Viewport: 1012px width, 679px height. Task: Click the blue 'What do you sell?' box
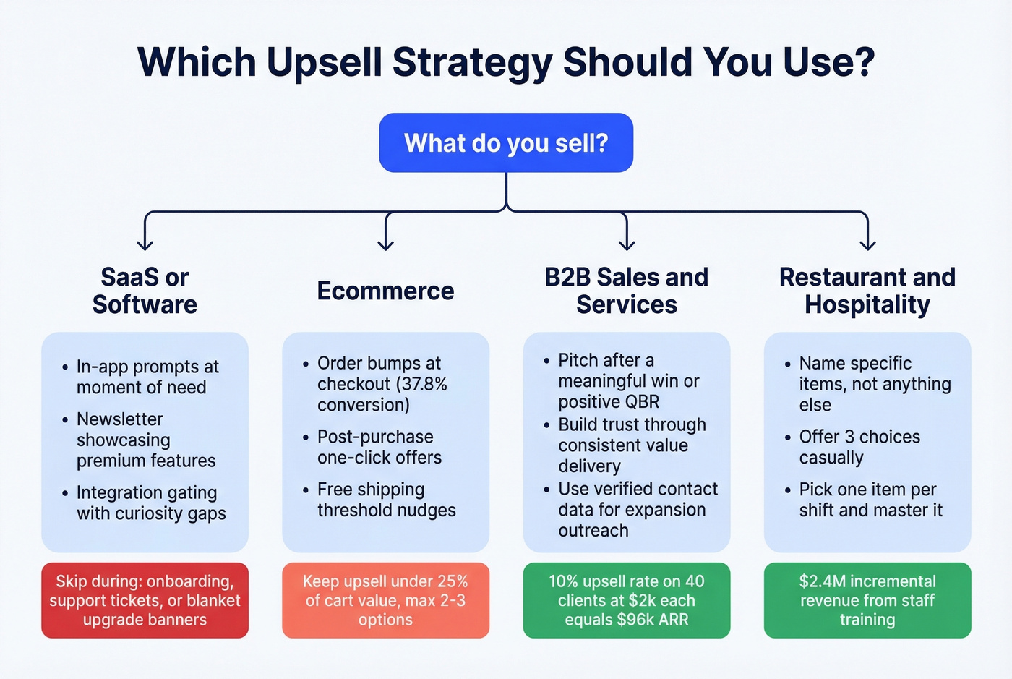506,142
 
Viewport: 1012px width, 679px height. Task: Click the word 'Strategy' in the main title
472,62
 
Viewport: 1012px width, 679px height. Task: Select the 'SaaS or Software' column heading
145,291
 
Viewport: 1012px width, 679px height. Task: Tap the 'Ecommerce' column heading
385,291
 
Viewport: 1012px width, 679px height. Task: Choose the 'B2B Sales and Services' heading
627,291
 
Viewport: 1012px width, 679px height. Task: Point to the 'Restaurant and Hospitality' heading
867,291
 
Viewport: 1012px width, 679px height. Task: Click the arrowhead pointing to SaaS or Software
145,244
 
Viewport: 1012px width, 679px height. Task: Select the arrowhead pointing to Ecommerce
386,244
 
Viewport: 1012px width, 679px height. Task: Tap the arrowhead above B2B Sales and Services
627,244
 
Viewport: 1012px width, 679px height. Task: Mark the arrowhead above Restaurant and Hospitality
867,244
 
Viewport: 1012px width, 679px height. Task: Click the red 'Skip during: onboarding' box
145,600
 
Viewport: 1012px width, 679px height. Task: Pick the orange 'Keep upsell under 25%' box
385,600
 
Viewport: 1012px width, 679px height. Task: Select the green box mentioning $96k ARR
627,600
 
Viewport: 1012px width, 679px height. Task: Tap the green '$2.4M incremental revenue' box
867,600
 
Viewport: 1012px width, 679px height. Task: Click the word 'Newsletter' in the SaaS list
120,419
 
